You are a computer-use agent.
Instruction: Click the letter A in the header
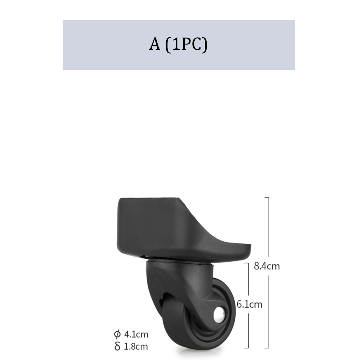(x=154, y=44)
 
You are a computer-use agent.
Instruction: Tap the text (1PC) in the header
(x=186, y=45)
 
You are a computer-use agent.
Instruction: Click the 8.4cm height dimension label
(x=267, y=266)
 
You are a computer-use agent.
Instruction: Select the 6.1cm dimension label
(x=249, y=305)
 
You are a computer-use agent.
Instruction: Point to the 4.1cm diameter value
(x=136, y=334)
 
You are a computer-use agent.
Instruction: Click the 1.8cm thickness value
(x=136, y=346)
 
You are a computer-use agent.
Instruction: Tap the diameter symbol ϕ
(x=117, y=334)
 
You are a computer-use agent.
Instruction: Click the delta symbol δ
(x=117, y=346)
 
